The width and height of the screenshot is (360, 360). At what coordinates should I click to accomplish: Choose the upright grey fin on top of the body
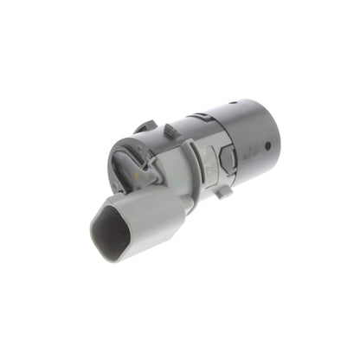click(x=170, y=132)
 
